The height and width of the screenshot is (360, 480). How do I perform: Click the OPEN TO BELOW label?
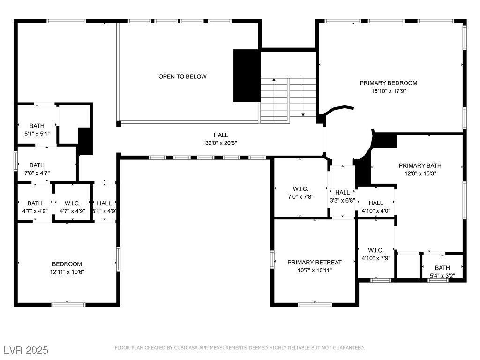pos(182,76)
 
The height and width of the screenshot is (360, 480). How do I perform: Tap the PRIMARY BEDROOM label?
pos(389,83)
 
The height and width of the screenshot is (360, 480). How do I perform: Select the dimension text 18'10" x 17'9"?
pos(389,91)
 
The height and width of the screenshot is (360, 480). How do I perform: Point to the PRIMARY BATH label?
pos(420,165)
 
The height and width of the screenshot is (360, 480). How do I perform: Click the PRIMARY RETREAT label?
pos(315,262)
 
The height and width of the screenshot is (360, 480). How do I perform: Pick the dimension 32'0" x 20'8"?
pos(221,143)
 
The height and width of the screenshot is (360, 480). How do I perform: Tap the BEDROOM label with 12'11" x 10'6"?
pos(67,264)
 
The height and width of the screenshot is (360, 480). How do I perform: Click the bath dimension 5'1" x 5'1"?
pos(37,134)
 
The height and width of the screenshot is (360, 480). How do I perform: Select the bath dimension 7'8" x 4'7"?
pos(37,173)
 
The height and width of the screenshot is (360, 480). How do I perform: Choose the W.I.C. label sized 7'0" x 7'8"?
pos(300,189)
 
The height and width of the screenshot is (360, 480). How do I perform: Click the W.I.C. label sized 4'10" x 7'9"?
pos(376,250)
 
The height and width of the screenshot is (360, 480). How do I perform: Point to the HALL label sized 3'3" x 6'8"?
pos(342,193)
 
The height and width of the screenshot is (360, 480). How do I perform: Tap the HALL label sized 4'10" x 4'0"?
pos(376,203)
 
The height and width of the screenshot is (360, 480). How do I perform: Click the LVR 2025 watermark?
pos(26,350)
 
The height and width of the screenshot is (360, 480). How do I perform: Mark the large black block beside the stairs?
pos(247,75)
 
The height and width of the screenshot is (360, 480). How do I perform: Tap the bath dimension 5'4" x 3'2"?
pos(442,276)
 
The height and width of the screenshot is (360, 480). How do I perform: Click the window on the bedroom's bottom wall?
pos(68,305)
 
